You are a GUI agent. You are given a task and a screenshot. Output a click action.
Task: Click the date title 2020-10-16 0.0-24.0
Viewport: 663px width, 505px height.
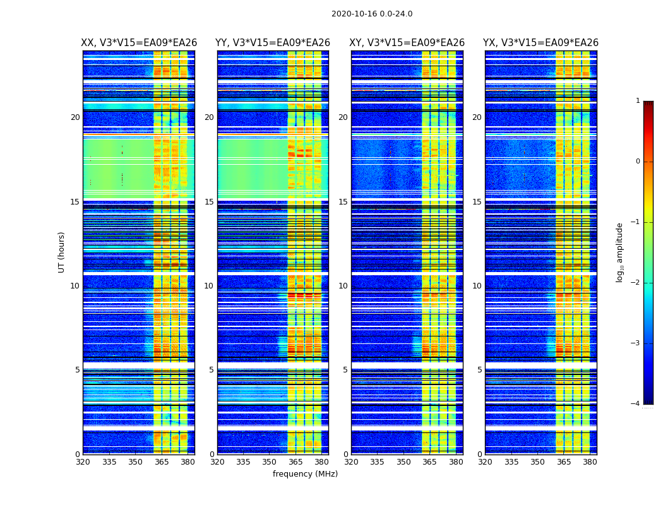tap(372, 14)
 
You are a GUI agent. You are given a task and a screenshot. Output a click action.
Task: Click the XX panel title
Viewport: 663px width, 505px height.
tap(139, 43)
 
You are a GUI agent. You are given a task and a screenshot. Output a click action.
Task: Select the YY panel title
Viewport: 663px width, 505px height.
tap(273, 43)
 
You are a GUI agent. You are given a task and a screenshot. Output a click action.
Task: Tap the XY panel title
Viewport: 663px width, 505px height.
tap(407, 43)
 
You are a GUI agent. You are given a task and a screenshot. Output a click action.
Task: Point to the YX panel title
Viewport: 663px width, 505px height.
tap(541, 43)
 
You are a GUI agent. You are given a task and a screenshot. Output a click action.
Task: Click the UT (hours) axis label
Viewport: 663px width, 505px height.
tap(62, 252)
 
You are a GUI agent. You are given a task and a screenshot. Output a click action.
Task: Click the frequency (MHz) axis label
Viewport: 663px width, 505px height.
tap(305, 474)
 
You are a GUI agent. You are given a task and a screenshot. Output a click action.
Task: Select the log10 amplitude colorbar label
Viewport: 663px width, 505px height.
tap(620, 252)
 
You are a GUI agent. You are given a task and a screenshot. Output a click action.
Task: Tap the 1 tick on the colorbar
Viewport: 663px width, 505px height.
tap(637, 101)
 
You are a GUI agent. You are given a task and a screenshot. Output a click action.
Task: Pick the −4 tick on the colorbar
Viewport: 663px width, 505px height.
tap(636, 404)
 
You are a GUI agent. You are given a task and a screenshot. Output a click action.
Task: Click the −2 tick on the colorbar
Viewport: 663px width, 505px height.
tap(636, 283)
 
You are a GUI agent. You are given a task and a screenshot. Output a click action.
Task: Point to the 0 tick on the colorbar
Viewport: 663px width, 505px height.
tap(637, 162)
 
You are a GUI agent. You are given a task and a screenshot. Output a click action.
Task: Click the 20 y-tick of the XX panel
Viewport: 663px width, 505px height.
tap(75, 117)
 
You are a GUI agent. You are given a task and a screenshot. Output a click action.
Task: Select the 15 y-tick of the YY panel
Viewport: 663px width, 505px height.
tap(209, 202)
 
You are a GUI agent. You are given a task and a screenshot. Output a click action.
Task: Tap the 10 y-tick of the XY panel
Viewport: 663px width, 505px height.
tap(343, 286)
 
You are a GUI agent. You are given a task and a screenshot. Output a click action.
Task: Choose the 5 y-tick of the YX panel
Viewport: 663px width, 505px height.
tap(479, 370)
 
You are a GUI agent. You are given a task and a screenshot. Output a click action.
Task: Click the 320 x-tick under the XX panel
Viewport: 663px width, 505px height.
tap(83, 461)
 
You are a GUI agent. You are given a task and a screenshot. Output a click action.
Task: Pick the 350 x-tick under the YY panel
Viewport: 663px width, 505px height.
tap(270, 461)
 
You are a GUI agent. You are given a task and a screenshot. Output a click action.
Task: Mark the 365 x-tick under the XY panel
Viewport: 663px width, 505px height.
tap(429, 461)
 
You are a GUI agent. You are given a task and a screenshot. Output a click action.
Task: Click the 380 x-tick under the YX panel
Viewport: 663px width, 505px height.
tap(590, 461)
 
